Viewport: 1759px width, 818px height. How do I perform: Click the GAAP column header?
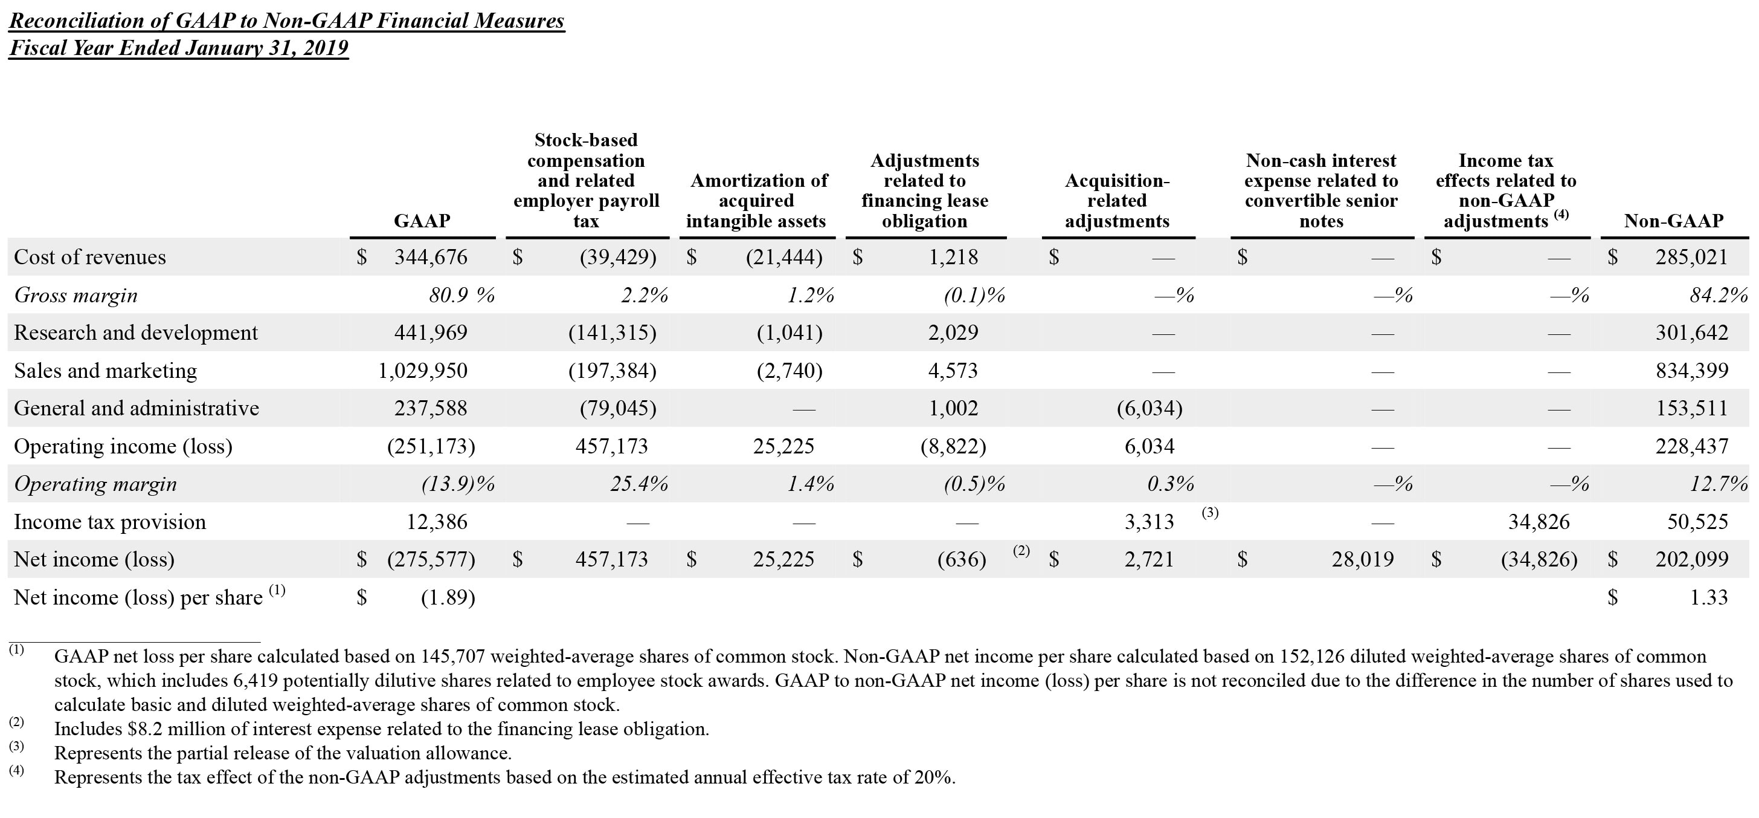[x=422, y=221]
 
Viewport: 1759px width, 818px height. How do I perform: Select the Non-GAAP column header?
[x=1673, y=221]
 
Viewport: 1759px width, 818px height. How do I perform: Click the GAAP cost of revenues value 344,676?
[x=430, y=257]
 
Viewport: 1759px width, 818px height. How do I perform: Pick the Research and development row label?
[x=136, y=333]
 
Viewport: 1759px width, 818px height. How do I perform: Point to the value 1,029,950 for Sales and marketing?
[x=423, y=371]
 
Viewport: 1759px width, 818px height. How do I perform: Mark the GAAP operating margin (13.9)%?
[x=457, y=484]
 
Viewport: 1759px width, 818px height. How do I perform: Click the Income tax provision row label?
[x=110, y=522]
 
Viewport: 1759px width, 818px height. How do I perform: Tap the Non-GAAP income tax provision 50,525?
[x=1697, y=522]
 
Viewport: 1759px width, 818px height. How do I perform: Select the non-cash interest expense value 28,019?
[x=1362, y=560]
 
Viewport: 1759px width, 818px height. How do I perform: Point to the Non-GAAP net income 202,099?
[x=1691, y=560]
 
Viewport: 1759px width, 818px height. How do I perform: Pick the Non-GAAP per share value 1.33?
[x=1708, y=598]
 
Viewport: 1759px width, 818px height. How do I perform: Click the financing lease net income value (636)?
[x=962, y=560]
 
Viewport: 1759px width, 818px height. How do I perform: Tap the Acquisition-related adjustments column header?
[x=1117, y=201]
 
